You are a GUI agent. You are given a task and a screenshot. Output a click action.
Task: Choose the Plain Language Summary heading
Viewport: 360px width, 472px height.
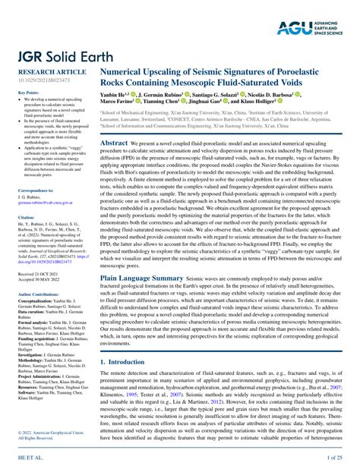(145, 278)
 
